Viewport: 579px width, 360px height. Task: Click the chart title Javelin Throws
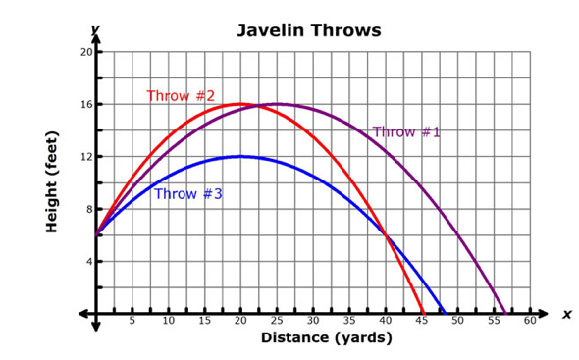click(309, 30)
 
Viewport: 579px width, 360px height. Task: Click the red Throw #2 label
click(181, 96)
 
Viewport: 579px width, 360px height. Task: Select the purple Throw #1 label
click(406, 131)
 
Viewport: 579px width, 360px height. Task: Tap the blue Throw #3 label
click(188, 194)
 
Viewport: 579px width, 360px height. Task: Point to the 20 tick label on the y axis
click(86, 52)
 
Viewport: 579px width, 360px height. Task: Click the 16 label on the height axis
click(86, 105)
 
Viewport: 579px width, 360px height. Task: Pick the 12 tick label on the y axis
click(86, 157)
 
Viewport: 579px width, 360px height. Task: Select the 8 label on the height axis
click(89, 209)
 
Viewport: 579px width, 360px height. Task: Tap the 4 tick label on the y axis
click(89, 262)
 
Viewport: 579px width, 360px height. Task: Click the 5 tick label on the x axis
click(132, 321)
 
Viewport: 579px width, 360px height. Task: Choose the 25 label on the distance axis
click(277, 321)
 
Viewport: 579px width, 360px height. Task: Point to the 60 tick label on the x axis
click(530, 321)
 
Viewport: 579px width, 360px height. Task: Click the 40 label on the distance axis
click(386, 321)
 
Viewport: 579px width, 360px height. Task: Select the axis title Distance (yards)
click(327, 337)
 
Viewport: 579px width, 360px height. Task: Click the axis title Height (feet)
click(52, 182)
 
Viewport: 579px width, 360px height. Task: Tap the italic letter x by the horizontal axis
click(567, 315)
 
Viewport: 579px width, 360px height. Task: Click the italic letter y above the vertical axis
click(95, 28)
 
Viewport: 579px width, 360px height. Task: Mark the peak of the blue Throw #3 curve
click(240, 157)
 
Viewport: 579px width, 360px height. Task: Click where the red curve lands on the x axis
click(424, 314)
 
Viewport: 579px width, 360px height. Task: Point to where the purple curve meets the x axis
click(505, 314)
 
